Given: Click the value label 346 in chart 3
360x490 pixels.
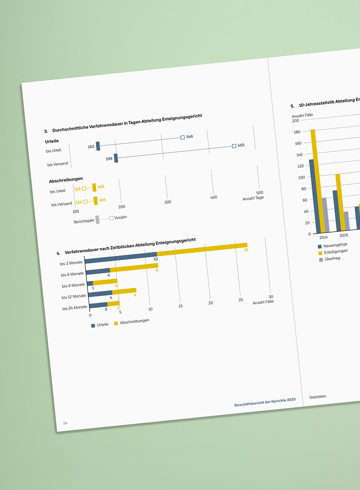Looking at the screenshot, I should point(189,137).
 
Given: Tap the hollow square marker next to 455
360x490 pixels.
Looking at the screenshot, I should point(234,146).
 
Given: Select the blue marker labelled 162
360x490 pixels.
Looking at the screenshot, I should point(98,146).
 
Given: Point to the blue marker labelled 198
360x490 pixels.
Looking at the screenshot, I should point(116,158).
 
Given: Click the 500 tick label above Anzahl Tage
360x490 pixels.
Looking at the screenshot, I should point(260,192).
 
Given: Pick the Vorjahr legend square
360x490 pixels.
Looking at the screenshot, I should point(111,218).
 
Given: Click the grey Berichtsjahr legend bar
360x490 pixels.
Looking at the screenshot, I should point(97,220).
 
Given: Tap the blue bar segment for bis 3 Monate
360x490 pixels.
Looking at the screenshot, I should point(121,257).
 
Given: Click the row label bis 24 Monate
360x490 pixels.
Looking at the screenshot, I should point(75,308).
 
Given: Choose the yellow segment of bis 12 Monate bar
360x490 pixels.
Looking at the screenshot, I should point(124,291).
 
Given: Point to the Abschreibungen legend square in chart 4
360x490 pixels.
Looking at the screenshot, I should point(116,323).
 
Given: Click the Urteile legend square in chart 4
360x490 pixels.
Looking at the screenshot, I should point(93,326).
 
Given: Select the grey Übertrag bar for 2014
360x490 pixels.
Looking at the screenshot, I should point(326,215).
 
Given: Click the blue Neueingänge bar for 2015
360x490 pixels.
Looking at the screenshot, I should point(337,210).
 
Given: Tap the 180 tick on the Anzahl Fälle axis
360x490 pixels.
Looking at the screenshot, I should point(297,132).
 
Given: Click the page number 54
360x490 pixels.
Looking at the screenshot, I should point(65,423).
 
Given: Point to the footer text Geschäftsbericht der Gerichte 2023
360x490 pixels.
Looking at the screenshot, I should point(265,402).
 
